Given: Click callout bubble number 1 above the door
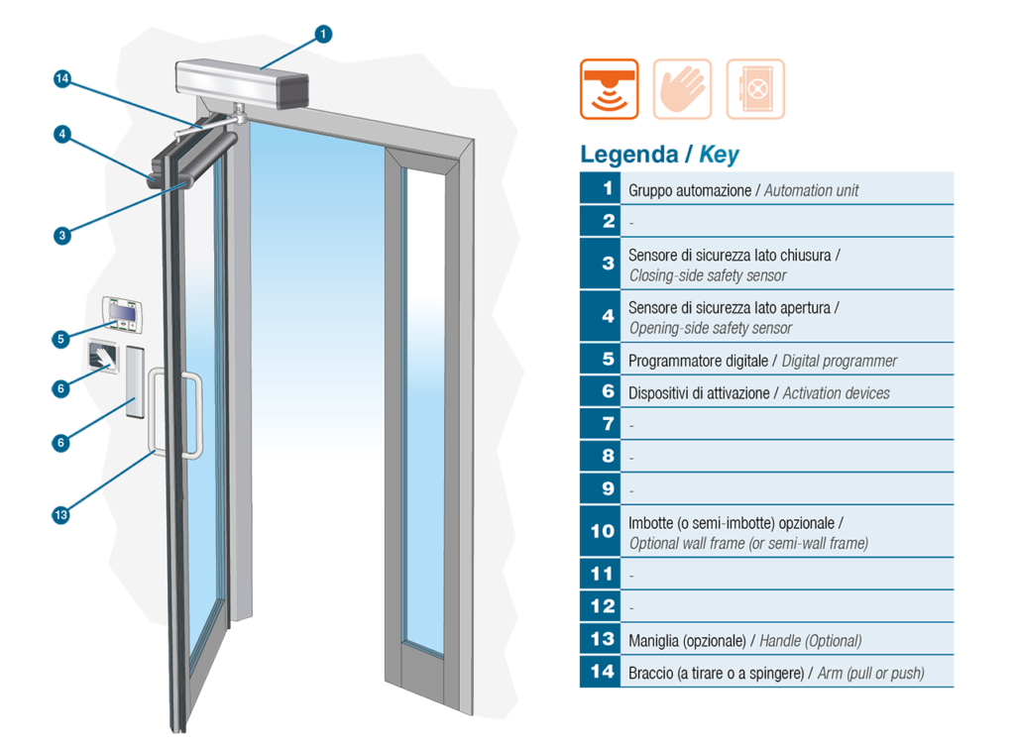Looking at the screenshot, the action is (323, 34).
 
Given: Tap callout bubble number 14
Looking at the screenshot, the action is (62, 79).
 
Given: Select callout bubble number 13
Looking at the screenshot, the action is (60, 515).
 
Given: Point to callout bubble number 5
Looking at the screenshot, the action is (60, 339).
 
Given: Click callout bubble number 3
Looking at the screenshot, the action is (62, 236).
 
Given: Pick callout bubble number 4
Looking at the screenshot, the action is (62, 135).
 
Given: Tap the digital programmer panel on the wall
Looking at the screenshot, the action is (122, 314).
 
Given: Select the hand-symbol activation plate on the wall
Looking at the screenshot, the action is (103, 357).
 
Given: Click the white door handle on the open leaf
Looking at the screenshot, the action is (175, 414).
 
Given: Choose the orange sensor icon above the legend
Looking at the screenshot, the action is (610, 89).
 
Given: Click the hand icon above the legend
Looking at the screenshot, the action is (682, 89).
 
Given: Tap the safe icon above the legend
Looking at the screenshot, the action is (755, 89).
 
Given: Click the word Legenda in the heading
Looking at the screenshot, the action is (629, 155).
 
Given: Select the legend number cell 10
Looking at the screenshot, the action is (601, 531).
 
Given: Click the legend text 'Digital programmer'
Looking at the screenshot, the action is (840, 361).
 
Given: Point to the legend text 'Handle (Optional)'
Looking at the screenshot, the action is (811, 641).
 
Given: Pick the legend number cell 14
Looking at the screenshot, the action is (601, 672).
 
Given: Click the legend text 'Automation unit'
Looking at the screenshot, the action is (811, 190).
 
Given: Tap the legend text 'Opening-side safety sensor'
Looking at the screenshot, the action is (711, 328).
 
